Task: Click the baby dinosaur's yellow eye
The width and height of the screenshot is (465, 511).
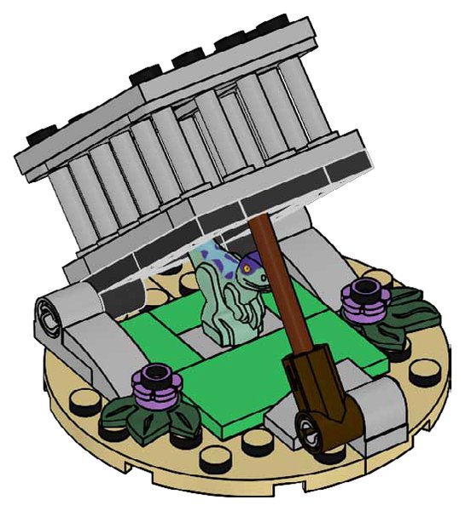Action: point(248,267)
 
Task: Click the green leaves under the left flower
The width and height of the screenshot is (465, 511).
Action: point(162,414)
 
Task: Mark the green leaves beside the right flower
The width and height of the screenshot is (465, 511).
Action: point(401,307)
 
